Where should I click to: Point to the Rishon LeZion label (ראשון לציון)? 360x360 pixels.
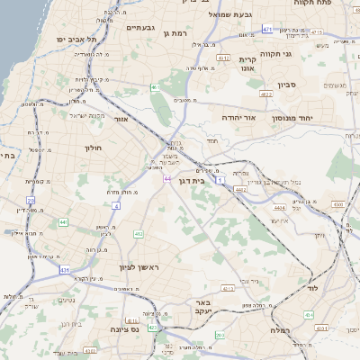pos(138,267)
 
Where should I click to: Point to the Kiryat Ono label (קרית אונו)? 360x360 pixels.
pos(249,62)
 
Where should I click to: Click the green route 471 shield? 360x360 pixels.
pos(267,30)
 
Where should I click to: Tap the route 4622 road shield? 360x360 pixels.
pos(265,94)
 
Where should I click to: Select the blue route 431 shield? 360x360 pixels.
pos(65,269)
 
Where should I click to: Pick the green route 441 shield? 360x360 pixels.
pos(63,221)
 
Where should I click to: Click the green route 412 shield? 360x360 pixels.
pos(139,234)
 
